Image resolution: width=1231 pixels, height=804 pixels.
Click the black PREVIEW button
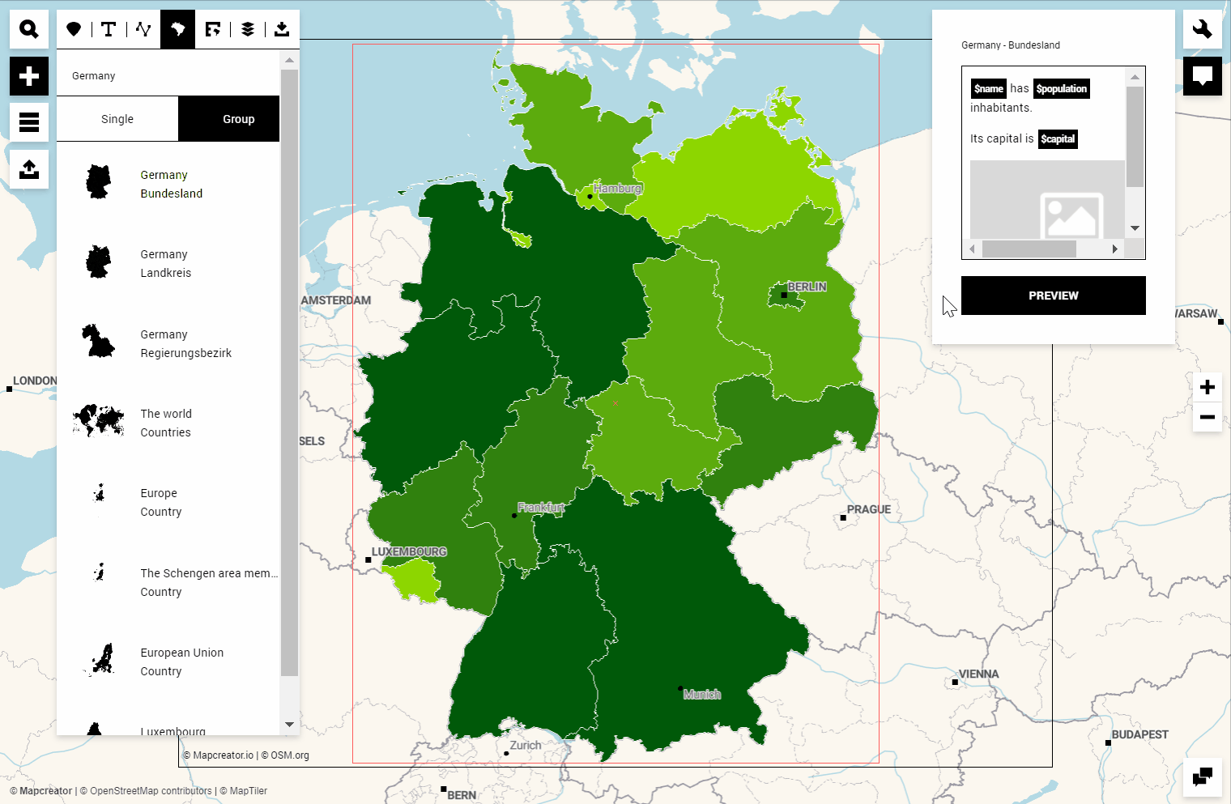pyautogui.click(x=1053, y=296)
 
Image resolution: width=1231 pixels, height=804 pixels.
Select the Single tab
pyautogui.click(x=117, y=119)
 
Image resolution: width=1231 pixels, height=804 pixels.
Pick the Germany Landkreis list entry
pyautogui.click(x=165, y=264)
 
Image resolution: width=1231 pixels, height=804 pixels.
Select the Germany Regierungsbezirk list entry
pyautogui.click(x=185, y=343)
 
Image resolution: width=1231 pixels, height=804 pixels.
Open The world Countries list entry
pyautogui.click(x=165, y=423)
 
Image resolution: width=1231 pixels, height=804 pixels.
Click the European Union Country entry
pyautogui.click(x=181, y=661)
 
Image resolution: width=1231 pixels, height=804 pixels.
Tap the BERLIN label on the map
pyautogui.click(x=807, y=287)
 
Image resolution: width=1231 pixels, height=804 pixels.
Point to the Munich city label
pyautogui.click(x=701, y=695)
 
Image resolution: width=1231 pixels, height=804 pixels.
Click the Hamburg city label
pyautogui.click(x=617, y=189)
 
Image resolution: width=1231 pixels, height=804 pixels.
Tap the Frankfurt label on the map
pyautogui.click(x=540, y=508)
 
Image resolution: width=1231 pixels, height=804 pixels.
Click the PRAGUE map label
pyautogui.click(x=868, y=509)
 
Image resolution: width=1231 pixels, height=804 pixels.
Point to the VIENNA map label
pyautogui.click(x=978, y=674)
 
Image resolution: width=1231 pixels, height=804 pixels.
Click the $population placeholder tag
pyautogui.click(x=1061, y=89)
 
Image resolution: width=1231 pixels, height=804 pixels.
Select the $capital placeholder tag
pyautogui.click(x=1058, y=139)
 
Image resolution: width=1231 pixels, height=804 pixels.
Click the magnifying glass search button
pyautogui.click(x=29, y=29)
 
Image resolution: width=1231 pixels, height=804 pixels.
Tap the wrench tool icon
pyautogui.click(x=1202, y=29)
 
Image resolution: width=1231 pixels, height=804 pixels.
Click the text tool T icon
pyautogui.click(x=109, y=29)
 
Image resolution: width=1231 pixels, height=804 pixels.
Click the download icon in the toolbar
pyautogui.click(x=282, y=29)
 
